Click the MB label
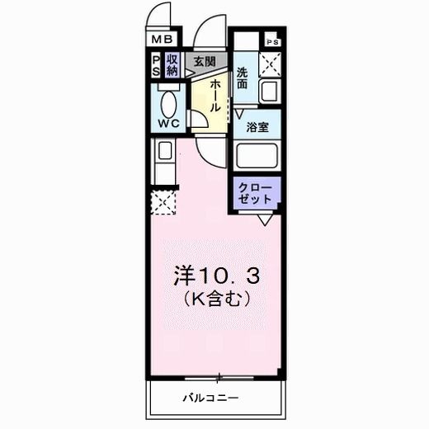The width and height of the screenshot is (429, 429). [x=162, y=38]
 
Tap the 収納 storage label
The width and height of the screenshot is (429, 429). [x=172, y=65]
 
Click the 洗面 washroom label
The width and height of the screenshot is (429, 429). [x=243, y=78]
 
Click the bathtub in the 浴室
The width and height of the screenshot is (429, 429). [x=258, y=157]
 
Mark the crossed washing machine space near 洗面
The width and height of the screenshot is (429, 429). [x=271, y=64]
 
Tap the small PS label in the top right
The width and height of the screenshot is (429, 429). [x=271, y=40]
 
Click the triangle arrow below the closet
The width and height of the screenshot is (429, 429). [x=265, y=220]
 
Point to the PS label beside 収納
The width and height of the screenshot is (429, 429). [x=156, y=65]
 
